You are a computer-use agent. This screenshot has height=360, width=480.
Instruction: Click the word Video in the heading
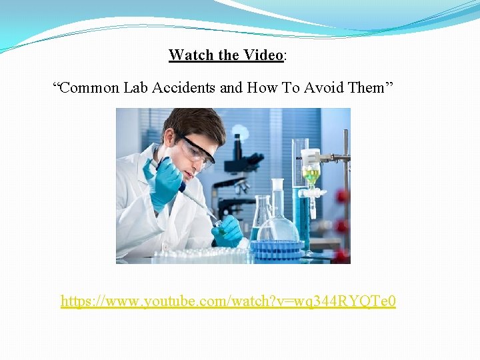pyautogui.click(x=264, y=55)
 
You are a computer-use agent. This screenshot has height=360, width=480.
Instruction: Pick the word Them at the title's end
pyautogui.click(x=365, y=87)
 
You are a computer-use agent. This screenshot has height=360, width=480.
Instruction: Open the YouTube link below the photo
pyautogui.click(x=228, y=301)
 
